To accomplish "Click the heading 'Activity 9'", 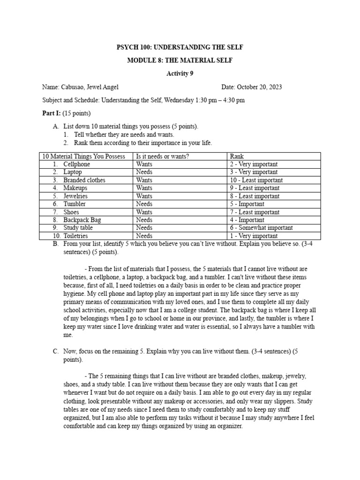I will pos(180,73).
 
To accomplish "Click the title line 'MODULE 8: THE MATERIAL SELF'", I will pos(180,60).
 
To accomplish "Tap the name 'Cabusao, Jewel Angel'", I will pos(90,87).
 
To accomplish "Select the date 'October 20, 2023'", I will pos(259,87).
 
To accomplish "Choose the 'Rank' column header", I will pos(237,156).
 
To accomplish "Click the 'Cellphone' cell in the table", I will pos(77,164).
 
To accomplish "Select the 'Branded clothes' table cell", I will pos(84,180).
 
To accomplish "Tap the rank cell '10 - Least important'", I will pos(256,180).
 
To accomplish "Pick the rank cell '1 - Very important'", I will pos(254,236).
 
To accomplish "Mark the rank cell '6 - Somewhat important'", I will pos(261,228).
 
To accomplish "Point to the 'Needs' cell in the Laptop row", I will pos(144,172).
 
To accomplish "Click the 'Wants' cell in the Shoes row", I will pos(144,212).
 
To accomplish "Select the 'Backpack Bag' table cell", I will pos(82,220).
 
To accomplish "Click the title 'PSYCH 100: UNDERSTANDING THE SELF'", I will pos(180,48).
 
